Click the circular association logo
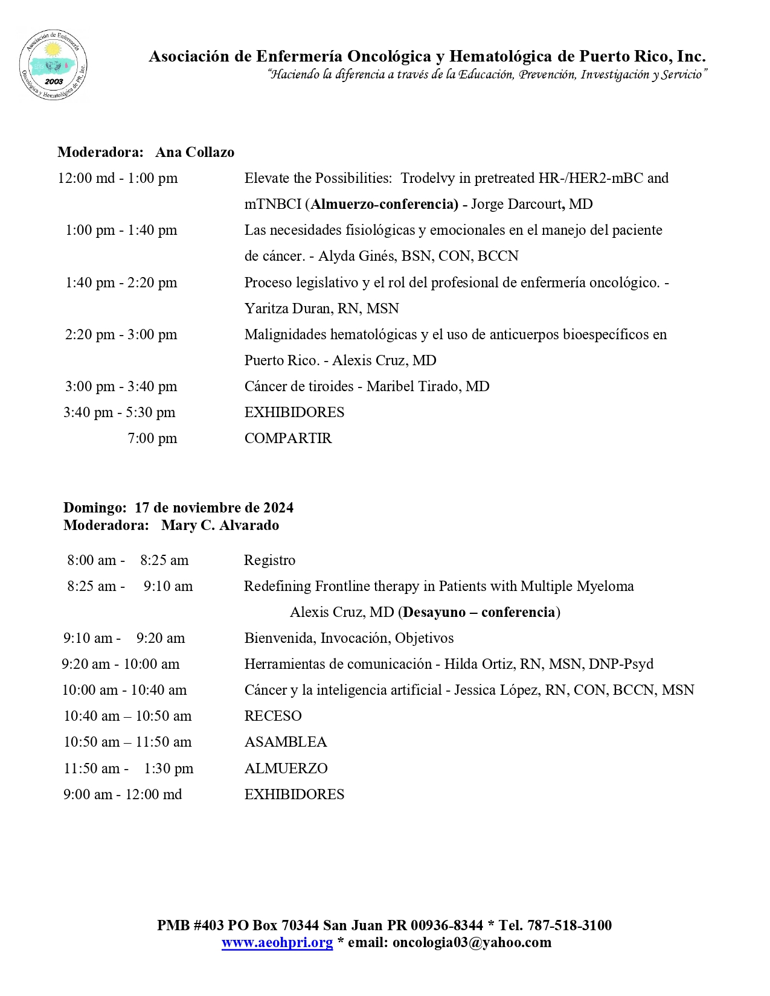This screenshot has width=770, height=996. [x=53, y=64]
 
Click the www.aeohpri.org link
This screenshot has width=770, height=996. [x=277, y=942]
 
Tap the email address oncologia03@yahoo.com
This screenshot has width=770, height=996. [x=472, y=942]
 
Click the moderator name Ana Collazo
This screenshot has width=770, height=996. [x=194, y=152]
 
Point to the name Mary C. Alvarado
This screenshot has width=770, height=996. [x=220, y=525]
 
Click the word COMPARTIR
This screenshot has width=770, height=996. [x=288, y=438]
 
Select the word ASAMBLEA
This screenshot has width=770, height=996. [x=285, y=742]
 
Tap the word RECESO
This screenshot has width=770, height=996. [x=273, y=716]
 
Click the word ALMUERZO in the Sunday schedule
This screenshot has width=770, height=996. [x=286, y=768]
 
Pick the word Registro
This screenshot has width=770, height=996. [x=269, y=560]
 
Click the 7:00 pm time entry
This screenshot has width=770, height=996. [x=152, y=438]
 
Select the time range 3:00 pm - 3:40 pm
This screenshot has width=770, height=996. [x=121, y=386]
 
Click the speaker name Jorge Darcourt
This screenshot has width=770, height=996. [x=515, y=204]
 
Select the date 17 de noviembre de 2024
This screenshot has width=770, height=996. [x=214, y=508]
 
